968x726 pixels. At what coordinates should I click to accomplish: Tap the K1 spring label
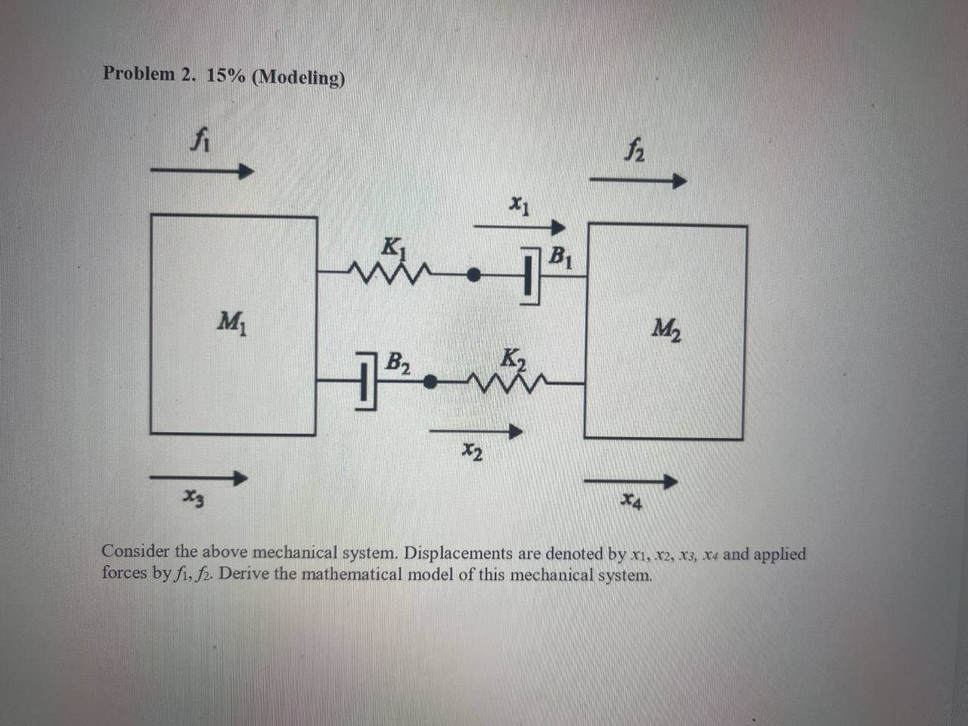tap(394, 247)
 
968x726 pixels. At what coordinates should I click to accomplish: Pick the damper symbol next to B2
tap(365, 379)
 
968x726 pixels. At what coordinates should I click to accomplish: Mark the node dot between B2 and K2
tap(429, 383)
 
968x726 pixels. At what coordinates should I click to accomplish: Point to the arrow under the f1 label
tap(200, 172)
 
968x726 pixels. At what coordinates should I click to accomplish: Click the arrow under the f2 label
tap(637, 181)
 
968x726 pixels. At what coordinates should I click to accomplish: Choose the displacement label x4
tap(632, 500)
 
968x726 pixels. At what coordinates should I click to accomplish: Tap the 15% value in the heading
tap(225, 76)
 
